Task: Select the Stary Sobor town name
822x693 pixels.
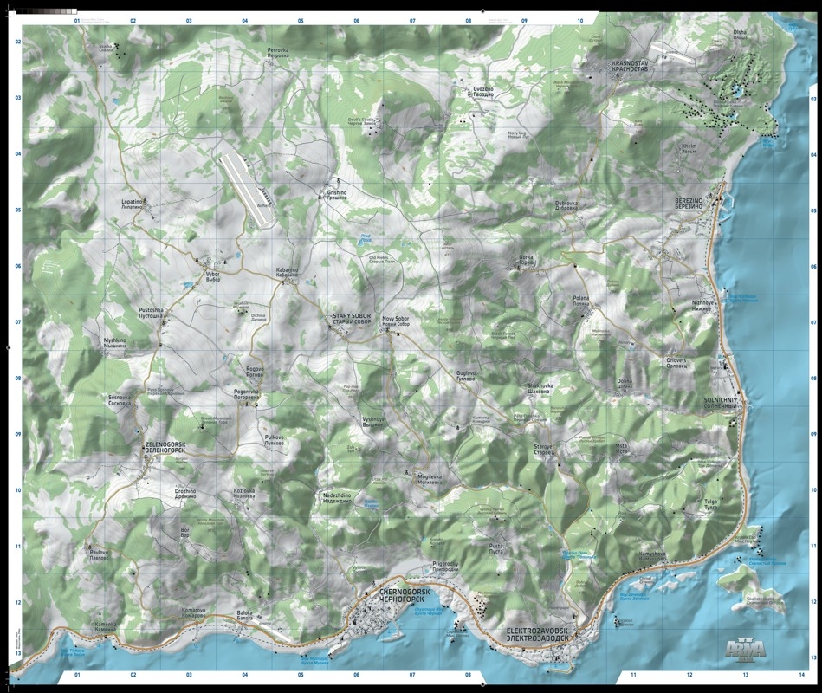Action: [x=351, y=319]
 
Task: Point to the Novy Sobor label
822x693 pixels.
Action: [x=395, y=321]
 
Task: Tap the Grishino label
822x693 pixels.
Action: [x=336, y=195]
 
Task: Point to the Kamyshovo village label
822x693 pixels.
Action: [x=651, y=555]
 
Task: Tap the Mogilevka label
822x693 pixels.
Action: [x=430, y=477]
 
